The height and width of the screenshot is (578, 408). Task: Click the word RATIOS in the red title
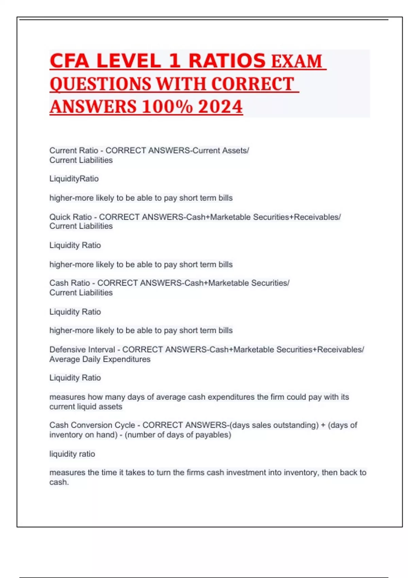[227, 61]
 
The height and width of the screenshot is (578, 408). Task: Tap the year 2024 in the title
[220, 106]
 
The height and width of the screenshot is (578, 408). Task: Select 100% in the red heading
[167, 106]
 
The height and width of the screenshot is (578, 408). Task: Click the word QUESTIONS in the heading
[100, 84]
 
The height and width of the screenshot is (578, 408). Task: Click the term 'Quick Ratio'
[71, 217]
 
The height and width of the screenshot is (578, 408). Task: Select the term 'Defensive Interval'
[82, 350]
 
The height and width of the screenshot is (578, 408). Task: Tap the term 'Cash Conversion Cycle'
[92, 425]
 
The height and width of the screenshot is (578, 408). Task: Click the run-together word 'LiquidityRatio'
[74, 179]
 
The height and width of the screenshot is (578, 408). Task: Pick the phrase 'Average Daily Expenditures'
[100, 359]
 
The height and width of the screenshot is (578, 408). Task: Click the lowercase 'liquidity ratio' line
[72, 454]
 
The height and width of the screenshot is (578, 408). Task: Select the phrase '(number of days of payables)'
[178, 435]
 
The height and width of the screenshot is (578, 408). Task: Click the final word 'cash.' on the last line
[59, 482]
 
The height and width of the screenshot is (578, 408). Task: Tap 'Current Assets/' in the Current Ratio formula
[221, 150]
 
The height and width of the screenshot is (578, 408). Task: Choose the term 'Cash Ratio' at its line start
[70, 283]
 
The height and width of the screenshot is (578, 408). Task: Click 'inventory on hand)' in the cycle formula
[84, 435]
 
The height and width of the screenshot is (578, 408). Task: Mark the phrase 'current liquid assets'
[86, 407]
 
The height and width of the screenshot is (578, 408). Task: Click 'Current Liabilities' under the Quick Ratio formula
[81, 226]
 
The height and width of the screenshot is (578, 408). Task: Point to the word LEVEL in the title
[129, 61]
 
